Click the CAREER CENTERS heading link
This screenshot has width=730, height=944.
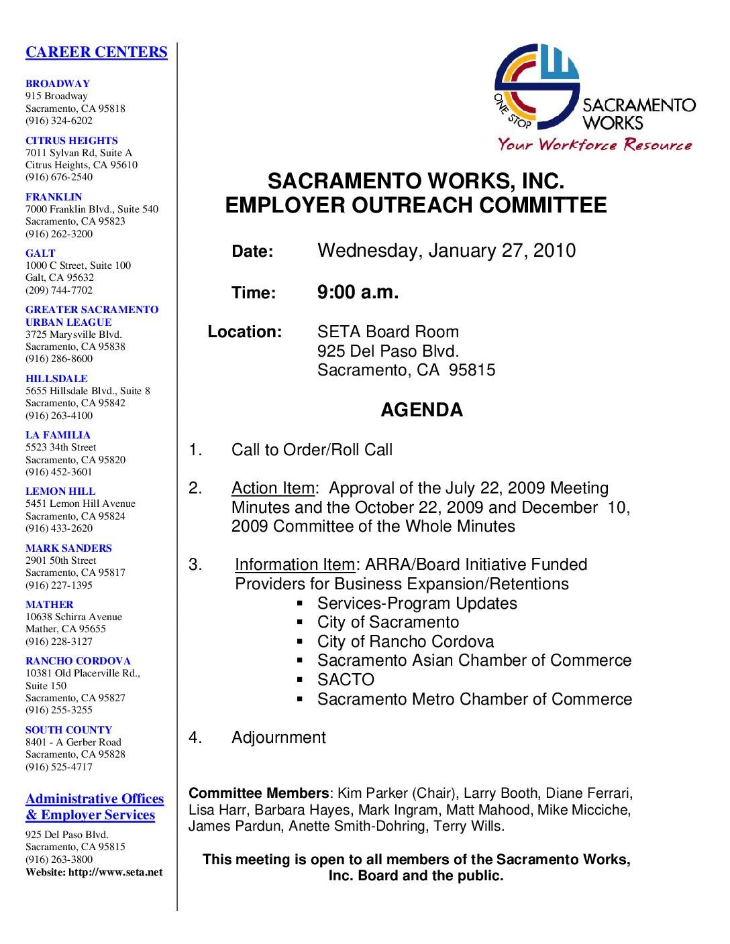[x=96, y=52]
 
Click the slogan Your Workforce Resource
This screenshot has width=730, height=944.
[x=594, y=144]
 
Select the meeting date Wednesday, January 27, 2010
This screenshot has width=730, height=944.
[x=446, y=251]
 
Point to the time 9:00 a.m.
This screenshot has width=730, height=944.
[x=358, y=292]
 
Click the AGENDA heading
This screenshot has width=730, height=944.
[x=421, y=410]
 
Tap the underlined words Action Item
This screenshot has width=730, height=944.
[x=272, y=488]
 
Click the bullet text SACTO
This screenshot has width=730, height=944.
[x=346, y=680]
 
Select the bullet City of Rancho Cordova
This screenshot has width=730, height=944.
[x=405, y=642]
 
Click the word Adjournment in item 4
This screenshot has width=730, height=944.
[x=278, y=737]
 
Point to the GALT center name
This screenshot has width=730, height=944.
[x=40, y=253]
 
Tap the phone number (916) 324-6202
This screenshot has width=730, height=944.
[x=59, y=121]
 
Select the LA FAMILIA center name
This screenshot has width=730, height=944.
[x=58, y=434]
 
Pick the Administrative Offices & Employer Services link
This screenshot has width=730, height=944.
[x=95, y=807]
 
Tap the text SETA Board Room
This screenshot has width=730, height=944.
[x=388, y=332]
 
